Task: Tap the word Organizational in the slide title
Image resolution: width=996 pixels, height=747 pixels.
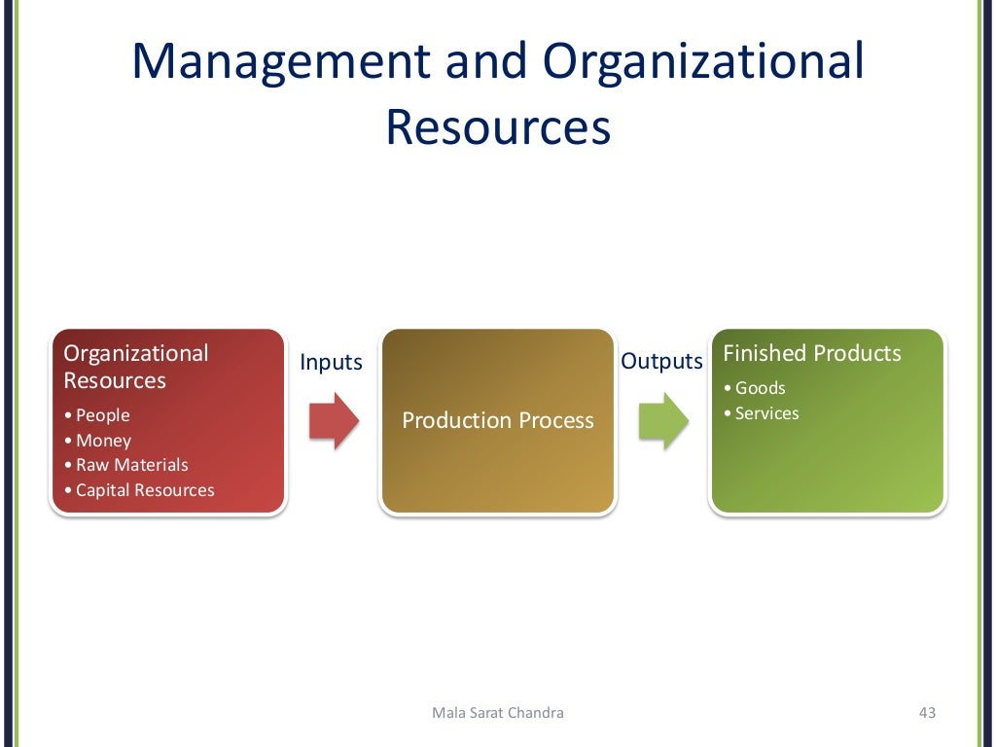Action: pyautogui.click(x=703, y=62)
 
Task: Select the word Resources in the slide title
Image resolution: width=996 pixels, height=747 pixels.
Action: pyautogui.click(x=498, y=128)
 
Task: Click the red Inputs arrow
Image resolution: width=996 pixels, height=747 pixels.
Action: pyautogui.click(x=334, y=421)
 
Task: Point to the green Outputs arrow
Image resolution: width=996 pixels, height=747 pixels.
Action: pyautogui.click(x=663, y=421)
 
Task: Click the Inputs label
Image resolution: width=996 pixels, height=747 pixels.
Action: pyautogui.click(x=331, y=363)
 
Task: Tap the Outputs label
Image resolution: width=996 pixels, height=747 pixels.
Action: pyautogui.click(x=661, y=362)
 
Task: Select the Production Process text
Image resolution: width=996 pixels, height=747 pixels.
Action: pyautogui.click(x=498, y=420)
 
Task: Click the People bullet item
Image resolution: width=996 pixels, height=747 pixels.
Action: pyautogui.click(x=102, y=415)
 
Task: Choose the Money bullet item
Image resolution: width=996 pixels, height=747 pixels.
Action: pyautogui.click(x=103, y=441)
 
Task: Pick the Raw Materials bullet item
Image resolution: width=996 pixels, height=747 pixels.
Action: pyautogui.click(x=131, y=465)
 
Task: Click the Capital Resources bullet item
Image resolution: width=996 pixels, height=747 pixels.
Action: pyautogui.click(x=144, y=490)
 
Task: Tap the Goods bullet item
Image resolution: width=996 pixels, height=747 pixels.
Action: pyautogui.click(x=760, y=388)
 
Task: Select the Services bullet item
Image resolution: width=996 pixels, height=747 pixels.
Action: pyautogui.click(x=766, y=413)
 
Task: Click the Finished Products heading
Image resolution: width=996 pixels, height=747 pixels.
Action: pyautogui.click(x=812, y=353)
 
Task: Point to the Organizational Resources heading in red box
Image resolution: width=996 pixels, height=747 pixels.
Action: pyautogui.click(x=136, y=367)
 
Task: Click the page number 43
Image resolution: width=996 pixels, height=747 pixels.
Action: pyautogui.click(x=926, y=713)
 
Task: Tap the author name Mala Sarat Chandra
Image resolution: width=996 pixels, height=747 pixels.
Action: pyautogui.click(x=497, y=713)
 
